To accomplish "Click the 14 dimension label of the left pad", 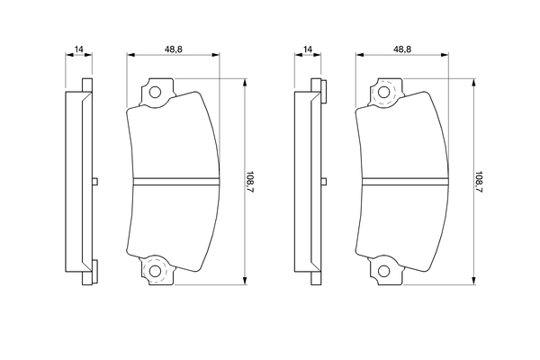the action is (79, 49).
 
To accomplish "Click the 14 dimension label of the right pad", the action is (308, 49).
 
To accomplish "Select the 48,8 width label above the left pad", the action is (173, 49).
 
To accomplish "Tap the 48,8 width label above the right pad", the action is (402, 49).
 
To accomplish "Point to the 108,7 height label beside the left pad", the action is (249, 182).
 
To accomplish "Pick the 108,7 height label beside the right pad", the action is (479, 182).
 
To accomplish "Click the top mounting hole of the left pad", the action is (155, 93).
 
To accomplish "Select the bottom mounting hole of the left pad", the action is (155, 271).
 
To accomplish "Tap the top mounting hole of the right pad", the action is (383, 93).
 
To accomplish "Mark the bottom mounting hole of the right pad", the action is (383, 271).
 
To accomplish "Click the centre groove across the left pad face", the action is (176, 182).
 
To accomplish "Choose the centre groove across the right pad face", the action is (405, 182).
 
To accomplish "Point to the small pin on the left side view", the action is (95, 182).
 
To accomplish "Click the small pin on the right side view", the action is (324, 182).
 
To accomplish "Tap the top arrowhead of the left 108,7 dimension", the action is (245, 82).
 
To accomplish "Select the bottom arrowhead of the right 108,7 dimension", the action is (474, 281).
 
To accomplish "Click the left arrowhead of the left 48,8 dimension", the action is (130, 54).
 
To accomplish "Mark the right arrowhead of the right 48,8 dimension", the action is (445, 54).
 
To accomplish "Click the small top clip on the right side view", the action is (324, 91).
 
